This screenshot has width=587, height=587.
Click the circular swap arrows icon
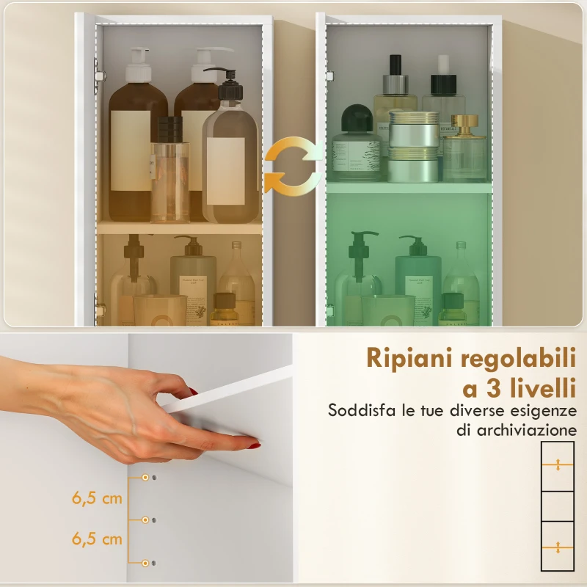click(293, 167)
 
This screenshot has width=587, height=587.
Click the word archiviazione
click(516, 430)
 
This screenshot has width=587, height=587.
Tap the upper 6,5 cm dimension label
click(97, 498)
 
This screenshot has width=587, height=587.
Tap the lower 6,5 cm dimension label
click(97, 539)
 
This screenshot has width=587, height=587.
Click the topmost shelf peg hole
click(145, 478)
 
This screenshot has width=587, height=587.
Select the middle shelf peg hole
click(145, 519)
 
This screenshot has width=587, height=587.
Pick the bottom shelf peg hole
click(145, 562)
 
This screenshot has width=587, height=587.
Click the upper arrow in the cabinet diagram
click(558, 464)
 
